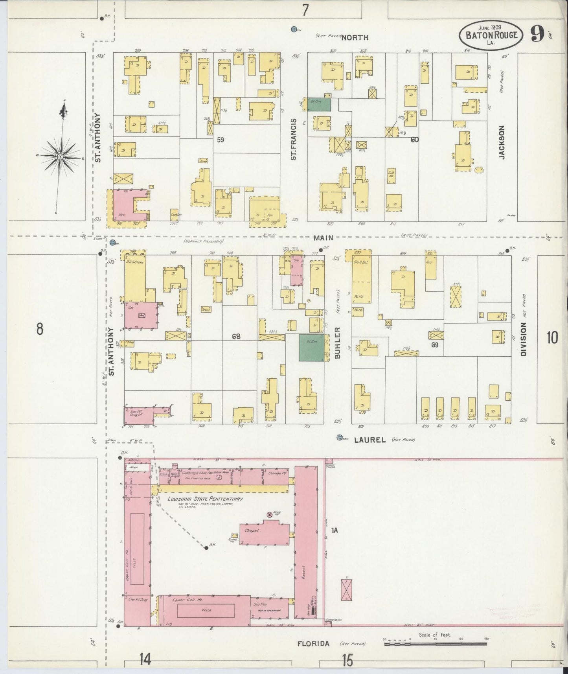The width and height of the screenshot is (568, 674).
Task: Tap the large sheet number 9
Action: (537, 34)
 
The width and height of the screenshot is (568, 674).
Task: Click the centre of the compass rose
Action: (60, 157)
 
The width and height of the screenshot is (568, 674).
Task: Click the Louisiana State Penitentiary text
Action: (205, 499)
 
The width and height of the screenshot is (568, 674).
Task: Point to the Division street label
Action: (523, 339)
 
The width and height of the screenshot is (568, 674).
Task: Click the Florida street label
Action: (313, 644)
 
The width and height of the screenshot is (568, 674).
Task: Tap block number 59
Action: (221, 139)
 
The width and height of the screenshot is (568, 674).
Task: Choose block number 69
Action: (435, 345)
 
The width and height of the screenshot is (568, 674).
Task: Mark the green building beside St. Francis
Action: (319, 104)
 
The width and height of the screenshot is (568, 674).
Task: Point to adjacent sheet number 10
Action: (552, 337)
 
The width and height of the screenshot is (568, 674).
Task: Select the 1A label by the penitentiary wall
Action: (334, 530)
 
